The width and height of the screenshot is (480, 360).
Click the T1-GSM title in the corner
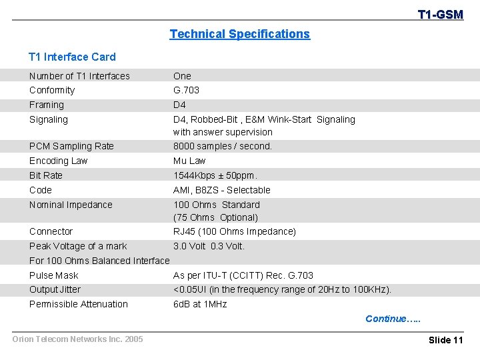tap(440, 14)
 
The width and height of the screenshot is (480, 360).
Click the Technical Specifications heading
tap(239, 34)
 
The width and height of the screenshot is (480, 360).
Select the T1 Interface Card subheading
tap(72, 57)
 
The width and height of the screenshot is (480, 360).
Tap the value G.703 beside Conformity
tap(186, 90)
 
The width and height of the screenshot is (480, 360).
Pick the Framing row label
tap(47, 105)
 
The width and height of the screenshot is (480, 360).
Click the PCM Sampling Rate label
tap(71, 146)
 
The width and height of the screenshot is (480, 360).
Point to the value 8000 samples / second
tap(223, 146)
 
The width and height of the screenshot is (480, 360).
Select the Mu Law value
tap(189, 161)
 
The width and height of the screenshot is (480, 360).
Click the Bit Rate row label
tap(46, 175)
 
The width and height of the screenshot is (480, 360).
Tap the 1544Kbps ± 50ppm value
tap(215, 175)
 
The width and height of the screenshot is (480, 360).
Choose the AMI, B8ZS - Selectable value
tap(222, 190)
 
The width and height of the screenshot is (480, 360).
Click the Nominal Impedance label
tap(71, 205)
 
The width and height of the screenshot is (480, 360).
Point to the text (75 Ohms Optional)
tap(215, 217)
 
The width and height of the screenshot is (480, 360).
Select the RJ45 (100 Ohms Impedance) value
tap(235, 231)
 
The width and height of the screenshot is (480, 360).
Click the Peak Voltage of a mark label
tap(78, 246)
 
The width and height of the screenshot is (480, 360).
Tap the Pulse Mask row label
tap(54, 275)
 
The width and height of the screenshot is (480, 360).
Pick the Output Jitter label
tap(55, 289)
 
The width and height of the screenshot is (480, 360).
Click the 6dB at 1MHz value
tap(200, 304)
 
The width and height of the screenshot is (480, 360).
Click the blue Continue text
tap(393, 319)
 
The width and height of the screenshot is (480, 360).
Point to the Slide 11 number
tap(445, 340)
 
